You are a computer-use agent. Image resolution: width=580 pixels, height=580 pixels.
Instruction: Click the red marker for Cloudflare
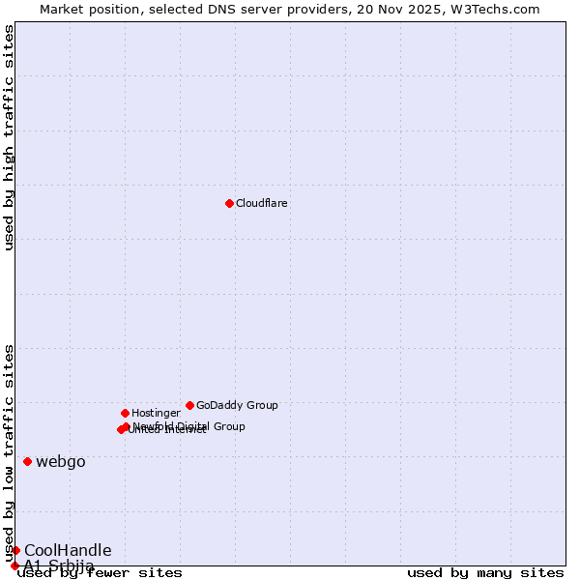[x=229, y=203]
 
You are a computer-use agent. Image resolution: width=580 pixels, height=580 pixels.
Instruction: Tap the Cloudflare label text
[x=262, y=203]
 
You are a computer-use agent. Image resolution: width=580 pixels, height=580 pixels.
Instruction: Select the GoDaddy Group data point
[x=189, y=405]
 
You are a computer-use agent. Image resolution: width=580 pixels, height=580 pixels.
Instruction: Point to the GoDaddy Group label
[x=237, y=405]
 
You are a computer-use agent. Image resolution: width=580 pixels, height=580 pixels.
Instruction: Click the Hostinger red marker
[x=125, y=413]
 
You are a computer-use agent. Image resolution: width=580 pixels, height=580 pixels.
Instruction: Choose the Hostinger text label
[x=156, y=413]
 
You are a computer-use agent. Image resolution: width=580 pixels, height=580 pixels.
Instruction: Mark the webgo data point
[x=27, y=461]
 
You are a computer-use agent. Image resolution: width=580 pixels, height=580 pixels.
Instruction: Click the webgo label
[x=61, y=461]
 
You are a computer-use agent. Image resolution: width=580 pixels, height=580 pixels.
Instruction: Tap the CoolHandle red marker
[x=15, y=550]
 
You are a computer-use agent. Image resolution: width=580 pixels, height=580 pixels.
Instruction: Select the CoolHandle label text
[x=68, y=550]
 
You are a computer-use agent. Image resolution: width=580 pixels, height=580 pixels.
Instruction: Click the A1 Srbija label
[x=59, y=565]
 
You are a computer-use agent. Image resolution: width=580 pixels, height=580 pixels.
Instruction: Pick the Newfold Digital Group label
[x=189, y=426]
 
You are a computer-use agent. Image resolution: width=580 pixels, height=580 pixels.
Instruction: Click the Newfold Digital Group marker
[x=126, y=426]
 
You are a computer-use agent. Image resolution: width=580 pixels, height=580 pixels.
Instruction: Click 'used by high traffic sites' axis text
[x=9, y=137]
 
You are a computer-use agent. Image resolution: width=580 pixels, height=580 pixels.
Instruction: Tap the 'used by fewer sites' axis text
[x=100, y=572]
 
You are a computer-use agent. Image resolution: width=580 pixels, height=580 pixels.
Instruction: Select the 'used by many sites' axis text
[x=485, y=572]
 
